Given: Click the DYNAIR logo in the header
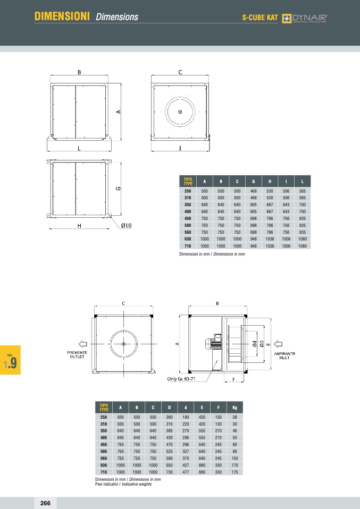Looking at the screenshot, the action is point(305,19).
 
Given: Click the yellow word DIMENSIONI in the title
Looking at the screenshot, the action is point(62,16).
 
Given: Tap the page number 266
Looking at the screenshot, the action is point(45,503).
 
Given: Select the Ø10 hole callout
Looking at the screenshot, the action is point(126,225).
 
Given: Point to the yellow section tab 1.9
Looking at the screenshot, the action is point(10,360).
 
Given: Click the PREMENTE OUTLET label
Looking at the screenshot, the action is point(77,354).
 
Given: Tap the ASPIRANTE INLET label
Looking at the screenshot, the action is point(284,355).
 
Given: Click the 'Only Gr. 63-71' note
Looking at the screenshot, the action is point(181,379).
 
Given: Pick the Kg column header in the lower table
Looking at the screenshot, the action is point(235,408).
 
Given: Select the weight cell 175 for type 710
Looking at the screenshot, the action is point(235,472).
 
